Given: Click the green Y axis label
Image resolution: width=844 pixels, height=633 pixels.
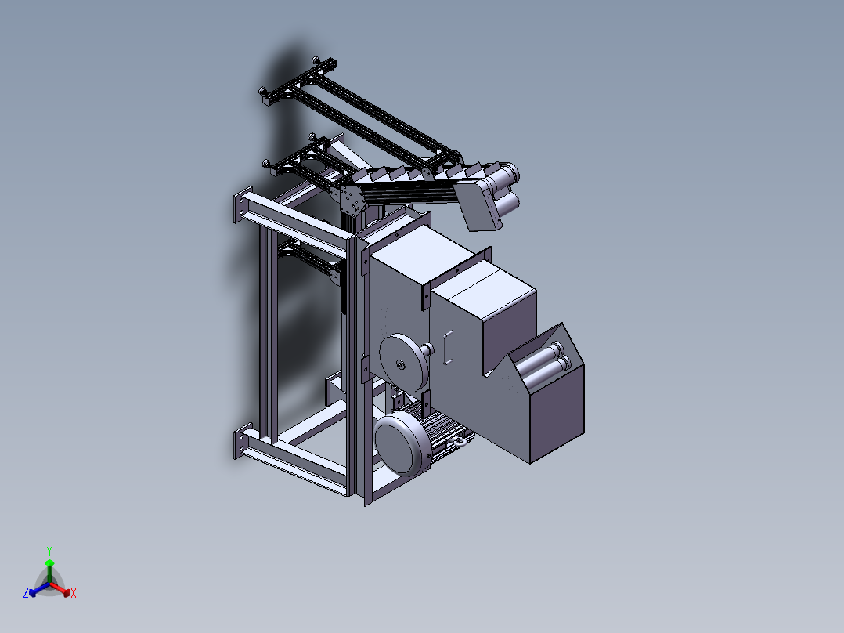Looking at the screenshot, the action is (49, 551).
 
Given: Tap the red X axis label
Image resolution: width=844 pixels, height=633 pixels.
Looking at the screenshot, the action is (74, 593).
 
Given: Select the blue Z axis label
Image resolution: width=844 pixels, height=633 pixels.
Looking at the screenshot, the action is (25, 593).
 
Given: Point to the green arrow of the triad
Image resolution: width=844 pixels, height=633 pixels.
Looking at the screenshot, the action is (49, 570).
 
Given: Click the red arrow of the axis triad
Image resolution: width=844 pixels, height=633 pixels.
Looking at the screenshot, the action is (60, 588).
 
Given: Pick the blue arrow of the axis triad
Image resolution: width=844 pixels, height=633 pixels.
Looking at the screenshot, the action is (39, 589).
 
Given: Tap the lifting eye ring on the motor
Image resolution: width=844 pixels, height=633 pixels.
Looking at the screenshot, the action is (460, 442).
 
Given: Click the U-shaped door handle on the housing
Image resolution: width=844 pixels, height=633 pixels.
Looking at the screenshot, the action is (447, 348).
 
